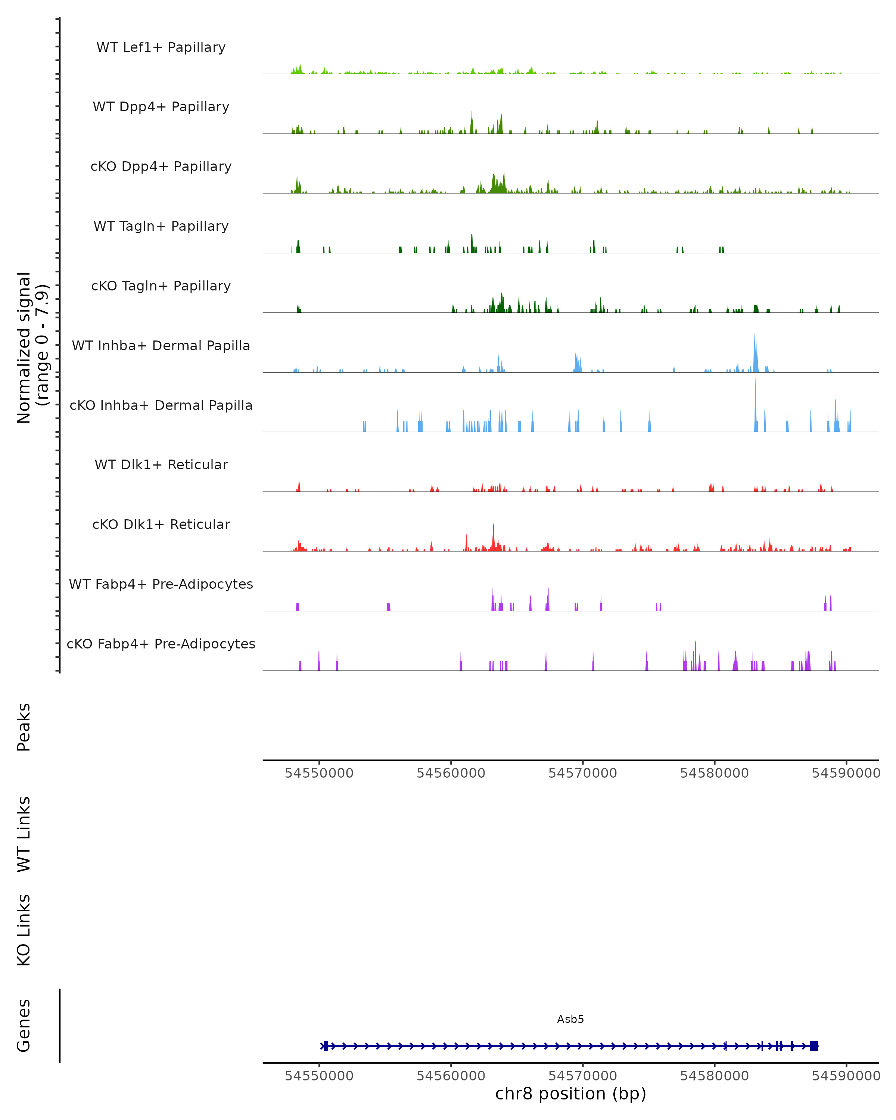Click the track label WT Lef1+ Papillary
point(161,47)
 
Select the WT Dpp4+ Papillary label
point(161,107)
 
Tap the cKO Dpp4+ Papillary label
point(161,167)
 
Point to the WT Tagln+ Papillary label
point(161,227)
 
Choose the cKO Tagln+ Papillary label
point(161,286)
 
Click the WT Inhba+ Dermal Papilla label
point(161,346)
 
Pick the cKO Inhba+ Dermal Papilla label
point(161,406)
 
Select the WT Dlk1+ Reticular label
point(161,465)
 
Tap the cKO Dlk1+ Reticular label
point(161,525)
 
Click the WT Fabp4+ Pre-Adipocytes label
point(161,584)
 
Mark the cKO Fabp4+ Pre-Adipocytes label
point(161,644)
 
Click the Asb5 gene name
point(570,1019)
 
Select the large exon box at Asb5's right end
point(813,1046)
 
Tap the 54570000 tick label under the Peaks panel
point(583,773)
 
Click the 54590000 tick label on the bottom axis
point(846,1076)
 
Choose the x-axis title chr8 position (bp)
point(570,1094)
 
